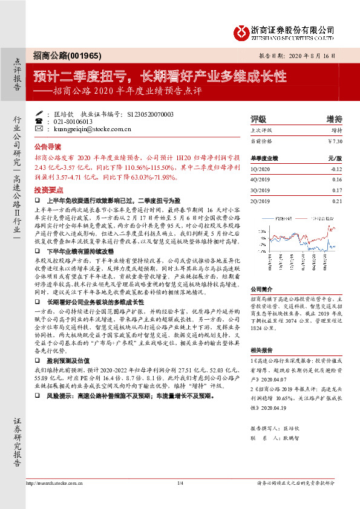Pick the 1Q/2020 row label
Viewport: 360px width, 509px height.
pos(260,170)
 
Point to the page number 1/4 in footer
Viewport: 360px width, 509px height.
pos(180,499)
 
